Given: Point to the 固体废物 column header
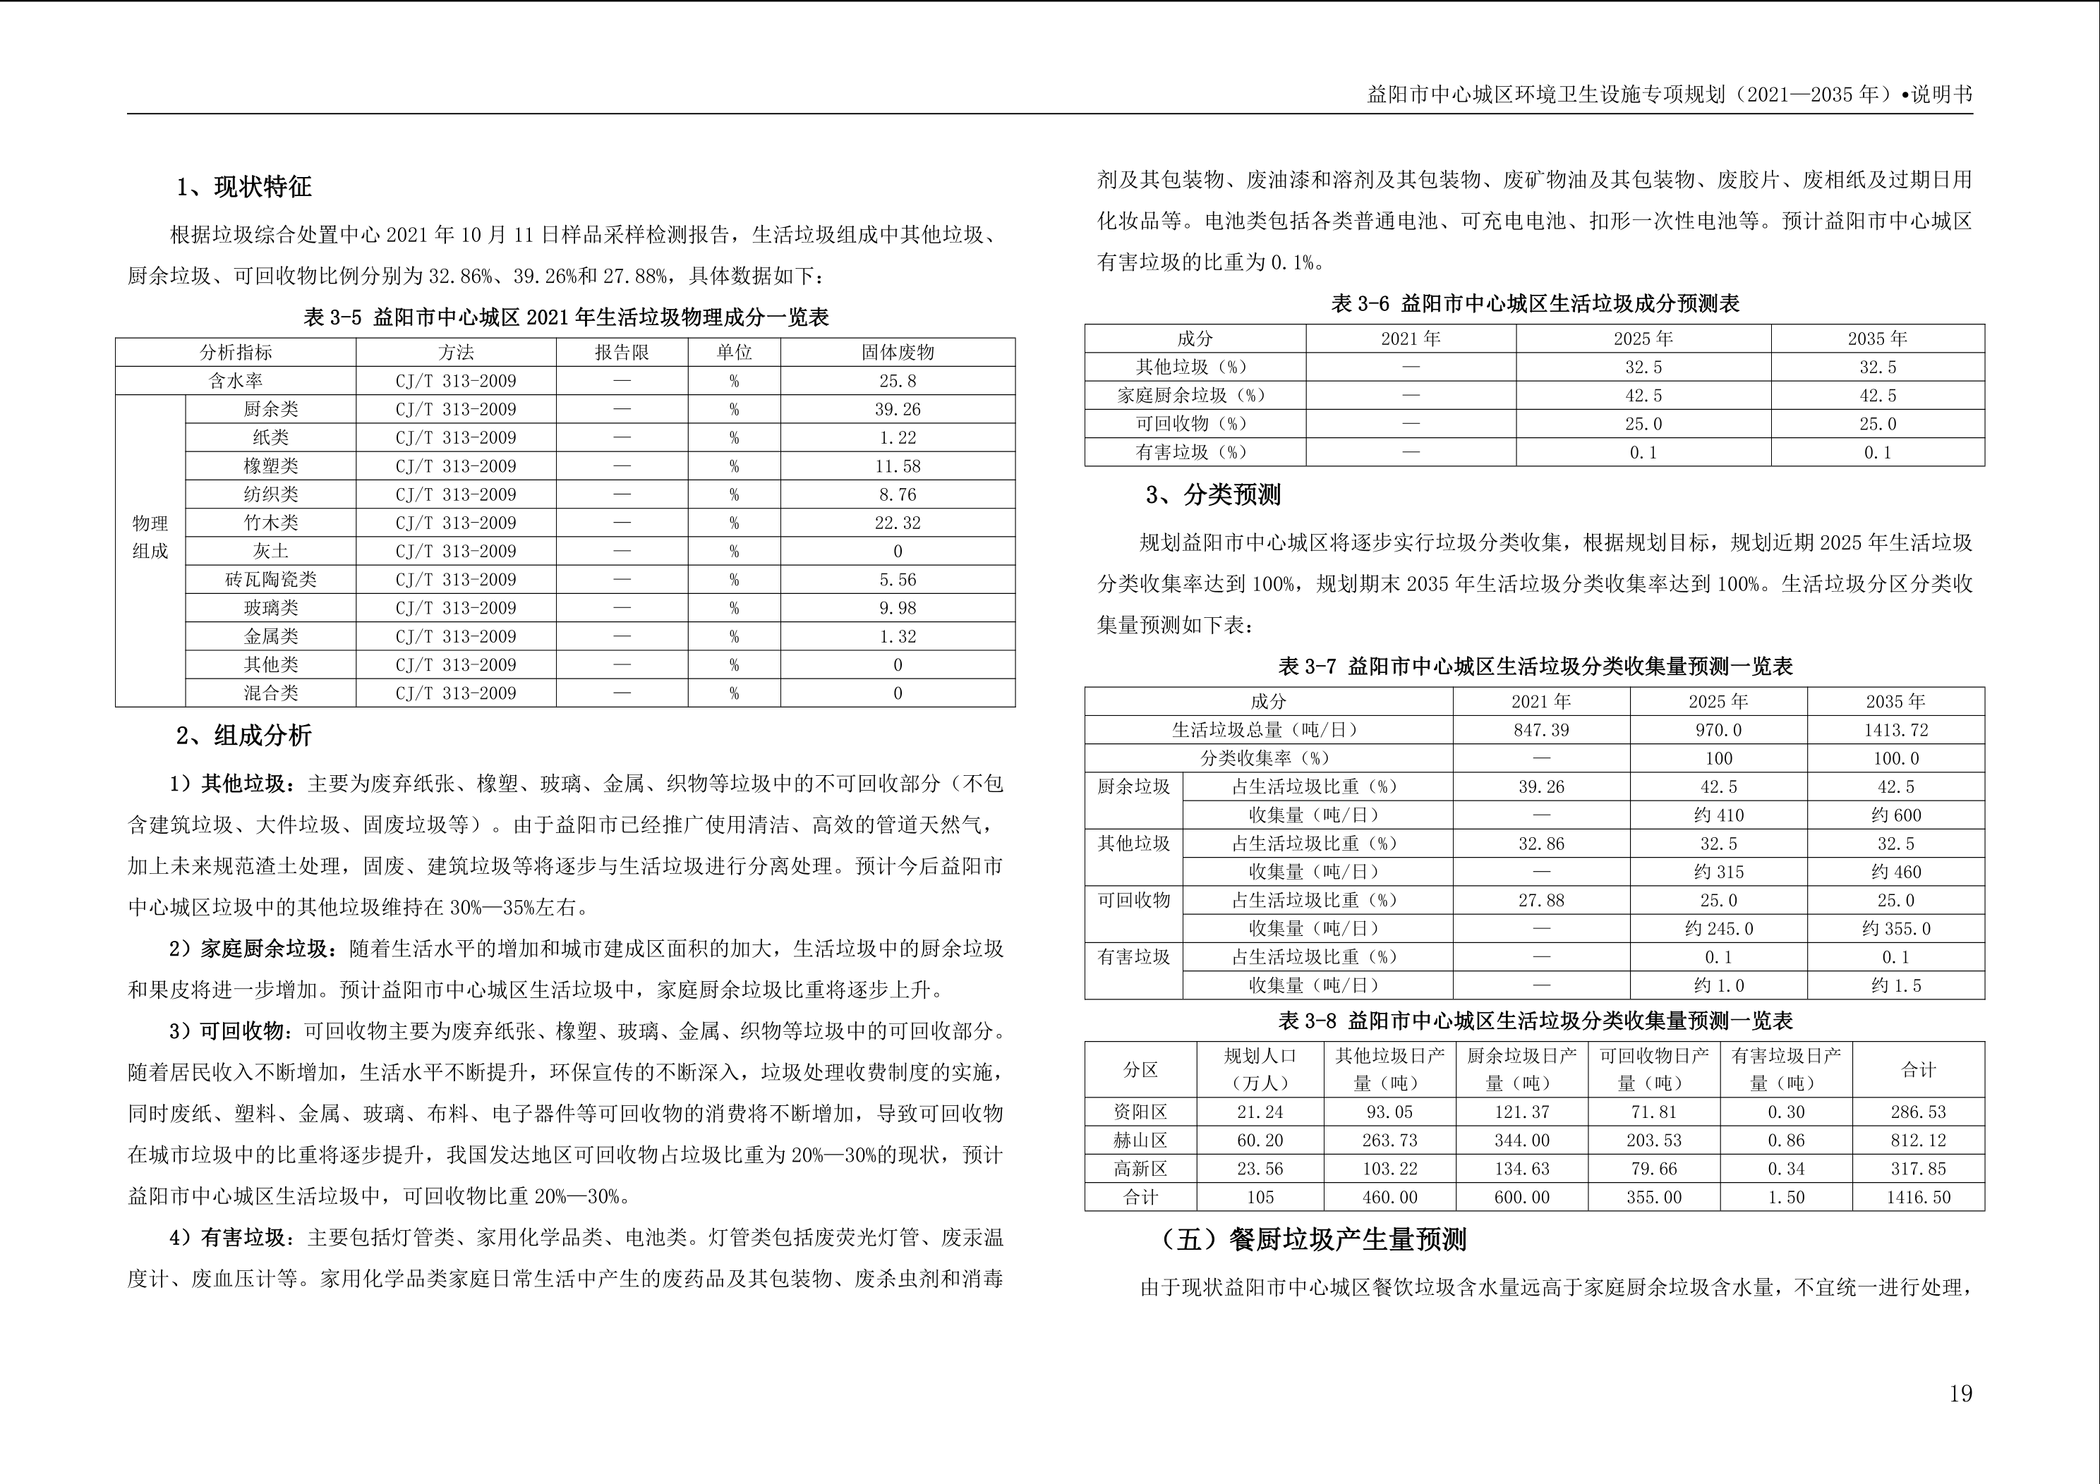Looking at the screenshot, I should (x=898, y=353).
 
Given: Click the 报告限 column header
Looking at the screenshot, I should (x=622, y=353).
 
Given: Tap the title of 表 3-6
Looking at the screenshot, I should (x=1535, y=303).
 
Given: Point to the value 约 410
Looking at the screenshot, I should (x=1718, y=815).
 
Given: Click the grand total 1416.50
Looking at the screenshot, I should (x=1918, y=1198).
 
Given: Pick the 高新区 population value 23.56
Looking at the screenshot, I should (x=1260, y=1169).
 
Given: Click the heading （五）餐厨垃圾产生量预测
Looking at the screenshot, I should (x=1312, y=1240).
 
